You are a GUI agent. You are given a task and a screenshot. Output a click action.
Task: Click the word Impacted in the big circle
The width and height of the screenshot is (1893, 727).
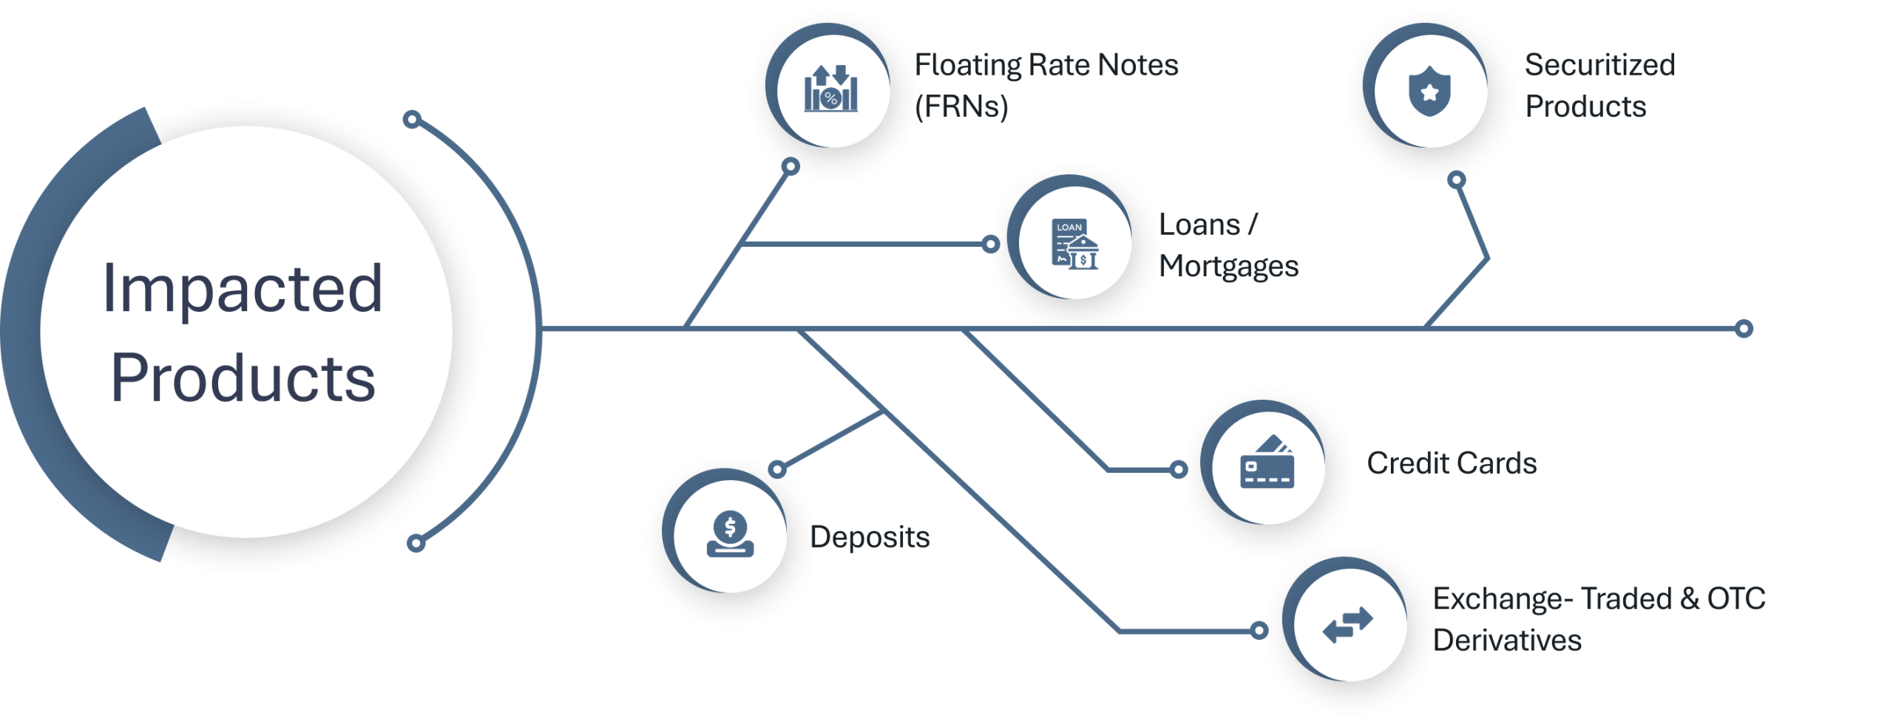[243, 289]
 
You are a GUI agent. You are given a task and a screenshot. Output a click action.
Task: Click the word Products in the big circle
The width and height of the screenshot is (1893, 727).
[243, 378]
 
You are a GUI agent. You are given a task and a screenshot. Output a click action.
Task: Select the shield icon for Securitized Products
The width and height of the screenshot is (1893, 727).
[1429, 91]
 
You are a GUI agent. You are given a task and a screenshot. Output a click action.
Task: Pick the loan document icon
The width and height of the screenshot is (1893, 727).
[1074, 244]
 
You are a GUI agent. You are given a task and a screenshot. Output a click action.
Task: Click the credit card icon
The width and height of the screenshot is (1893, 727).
[1267, 463]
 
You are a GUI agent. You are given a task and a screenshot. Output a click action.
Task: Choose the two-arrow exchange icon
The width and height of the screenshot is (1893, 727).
[1347, 625]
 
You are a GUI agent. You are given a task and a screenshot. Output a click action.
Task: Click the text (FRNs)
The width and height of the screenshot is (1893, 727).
[962, 107]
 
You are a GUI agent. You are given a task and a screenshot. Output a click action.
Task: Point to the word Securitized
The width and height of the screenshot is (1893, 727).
[1599, 65]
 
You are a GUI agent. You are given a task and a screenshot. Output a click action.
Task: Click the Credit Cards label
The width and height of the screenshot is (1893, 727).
[1452, 463]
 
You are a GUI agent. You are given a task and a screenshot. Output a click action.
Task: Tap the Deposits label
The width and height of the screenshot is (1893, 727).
[871, 537]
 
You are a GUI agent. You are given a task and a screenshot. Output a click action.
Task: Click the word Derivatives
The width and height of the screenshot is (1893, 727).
[1507, 641]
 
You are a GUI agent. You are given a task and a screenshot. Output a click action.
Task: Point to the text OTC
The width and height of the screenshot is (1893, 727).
[1736, 598]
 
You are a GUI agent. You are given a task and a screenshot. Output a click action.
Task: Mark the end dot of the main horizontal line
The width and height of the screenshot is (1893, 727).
[1744, 329]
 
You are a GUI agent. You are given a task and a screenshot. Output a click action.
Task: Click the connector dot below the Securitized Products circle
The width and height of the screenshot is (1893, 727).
[1456, 180]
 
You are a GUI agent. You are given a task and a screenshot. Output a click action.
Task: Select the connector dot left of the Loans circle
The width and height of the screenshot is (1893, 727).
[991, 244]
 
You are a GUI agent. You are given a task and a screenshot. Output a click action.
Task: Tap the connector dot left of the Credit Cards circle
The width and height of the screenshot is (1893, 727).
[1178, 469]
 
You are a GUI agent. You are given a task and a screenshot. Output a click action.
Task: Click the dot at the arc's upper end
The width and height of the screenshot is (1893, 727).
[413, 119]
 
